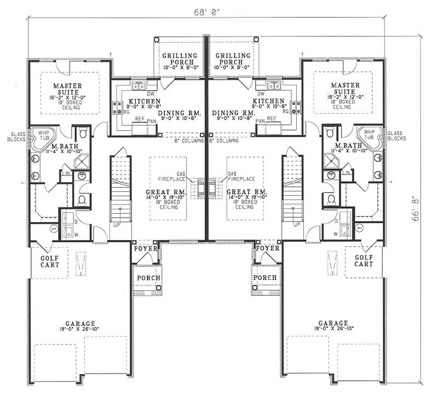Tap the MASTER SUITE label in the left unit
[x=68, y=90]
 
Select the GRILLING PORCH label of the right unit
[x=232, y=59]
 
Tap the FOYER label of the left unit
[x=146, y=249]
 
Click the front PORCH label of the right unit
[x=265, y=278]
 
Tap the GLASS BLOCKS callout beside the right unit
[x=396, y=136]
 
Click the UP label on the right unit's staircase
[x=296, y=224]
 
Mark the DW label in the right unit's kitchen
[x=261, y=78]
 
